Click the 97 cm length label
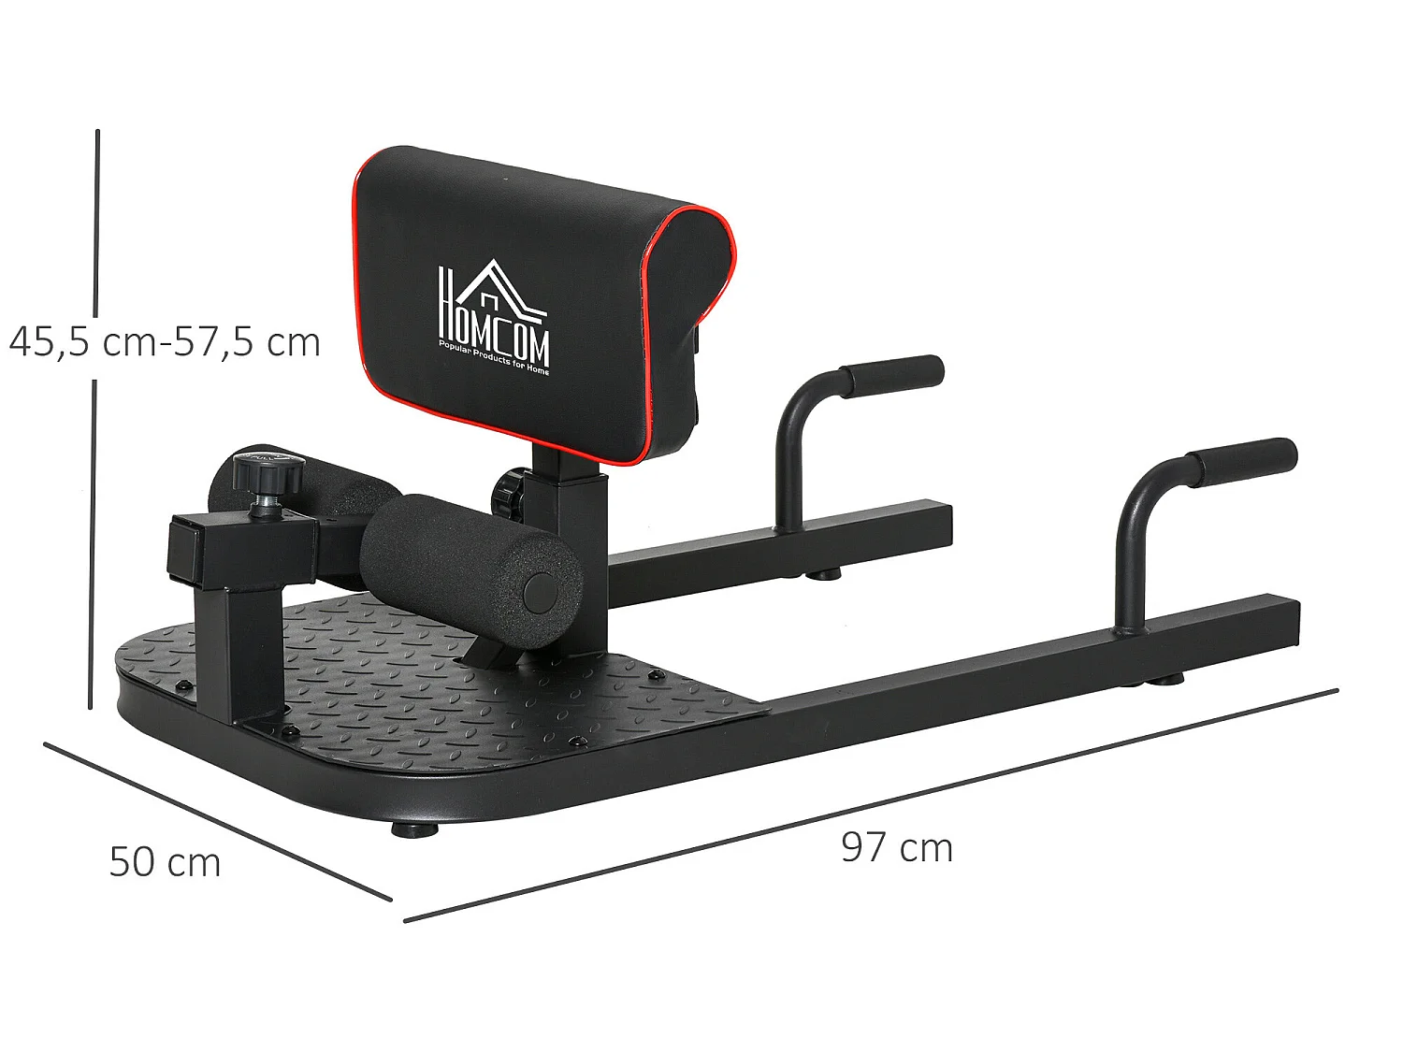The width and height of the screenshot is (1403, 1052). (x=896, y=848)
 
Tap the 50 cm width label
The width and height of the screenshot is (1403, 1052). (x=165, y=862)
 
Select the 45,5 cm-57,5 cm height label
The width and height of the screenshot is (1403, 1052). (x=165, y=342)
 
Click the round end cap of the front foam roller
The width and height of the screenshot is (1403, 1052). (x=539, y=592)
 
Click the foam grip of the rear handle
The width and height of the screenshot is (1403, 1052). (x=893, y=374)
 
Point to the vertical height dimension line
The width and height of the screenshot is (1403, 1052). (x=94, y=421)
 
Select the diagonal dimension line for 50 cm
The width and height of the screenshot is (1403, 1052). (x=217, y=821)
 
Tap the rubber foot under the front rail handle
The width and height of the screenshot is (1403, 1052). (x=1164, y=678)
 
